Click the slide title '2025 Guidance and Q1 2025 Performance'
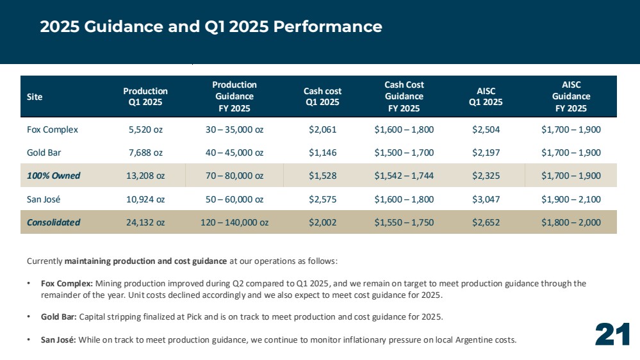[211, 26]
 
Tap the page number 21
[612, 334]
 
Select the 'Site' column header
[35, 97]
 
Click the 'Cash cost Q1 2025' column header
[322, 97]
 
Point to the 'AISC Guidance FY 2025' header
[571, 96]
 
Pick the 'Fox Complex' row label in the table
[53, 129]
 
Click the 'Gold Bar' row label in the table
[44, 152]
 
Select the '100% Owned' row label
[53, 176]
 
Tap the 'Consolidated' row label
[53, 222]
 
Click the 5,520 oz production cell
[145, 129]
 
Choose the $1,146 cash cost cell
[322, 152]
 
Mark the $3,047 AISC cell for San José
[486, 199]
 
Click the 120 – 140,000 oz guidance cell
[234, 222]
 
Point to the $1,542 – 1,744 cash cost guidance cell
[404, 176]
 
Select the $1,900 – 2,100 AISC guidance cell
[571, 199]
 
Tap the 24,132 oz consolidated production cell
[145, 222]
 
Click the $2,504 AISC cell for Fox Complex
[486, 129]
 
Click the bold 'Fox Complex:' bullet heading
[67, 283]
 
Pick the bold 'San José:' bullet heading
[58, 340]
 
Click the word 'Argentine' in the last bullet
[473, 340]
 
